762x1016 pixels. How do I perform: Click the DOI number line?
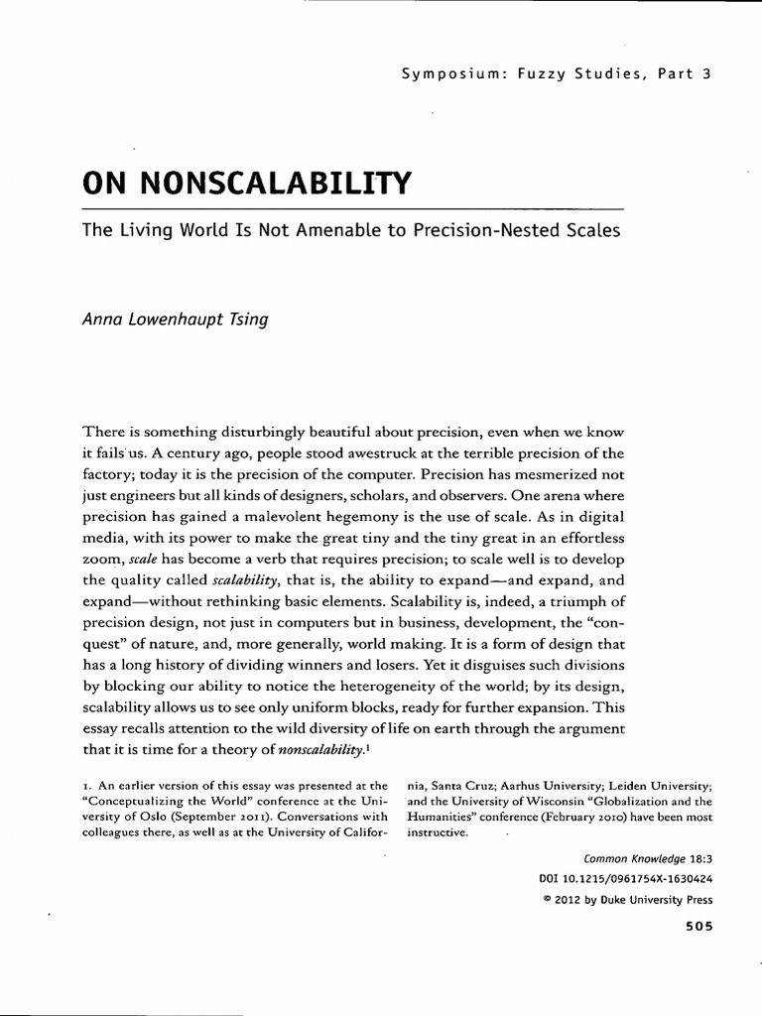point(626,879)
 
